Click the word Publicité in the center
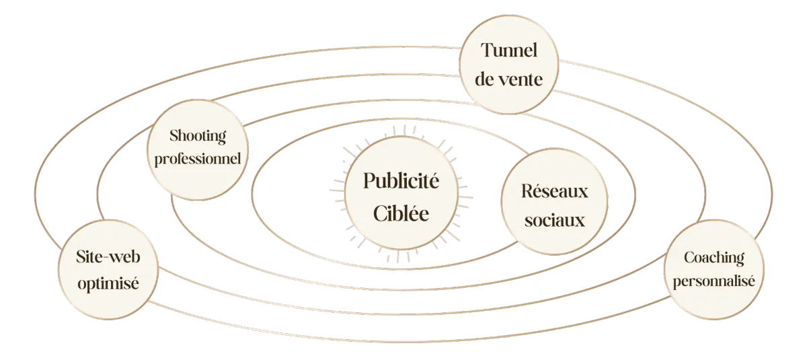401,181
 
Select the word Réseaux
554,191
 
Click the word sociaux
554,220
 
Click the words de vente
508,79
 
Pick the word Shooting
198,136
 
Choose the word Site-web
108,257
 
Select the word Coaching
714,257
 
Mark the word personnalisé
714,281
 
